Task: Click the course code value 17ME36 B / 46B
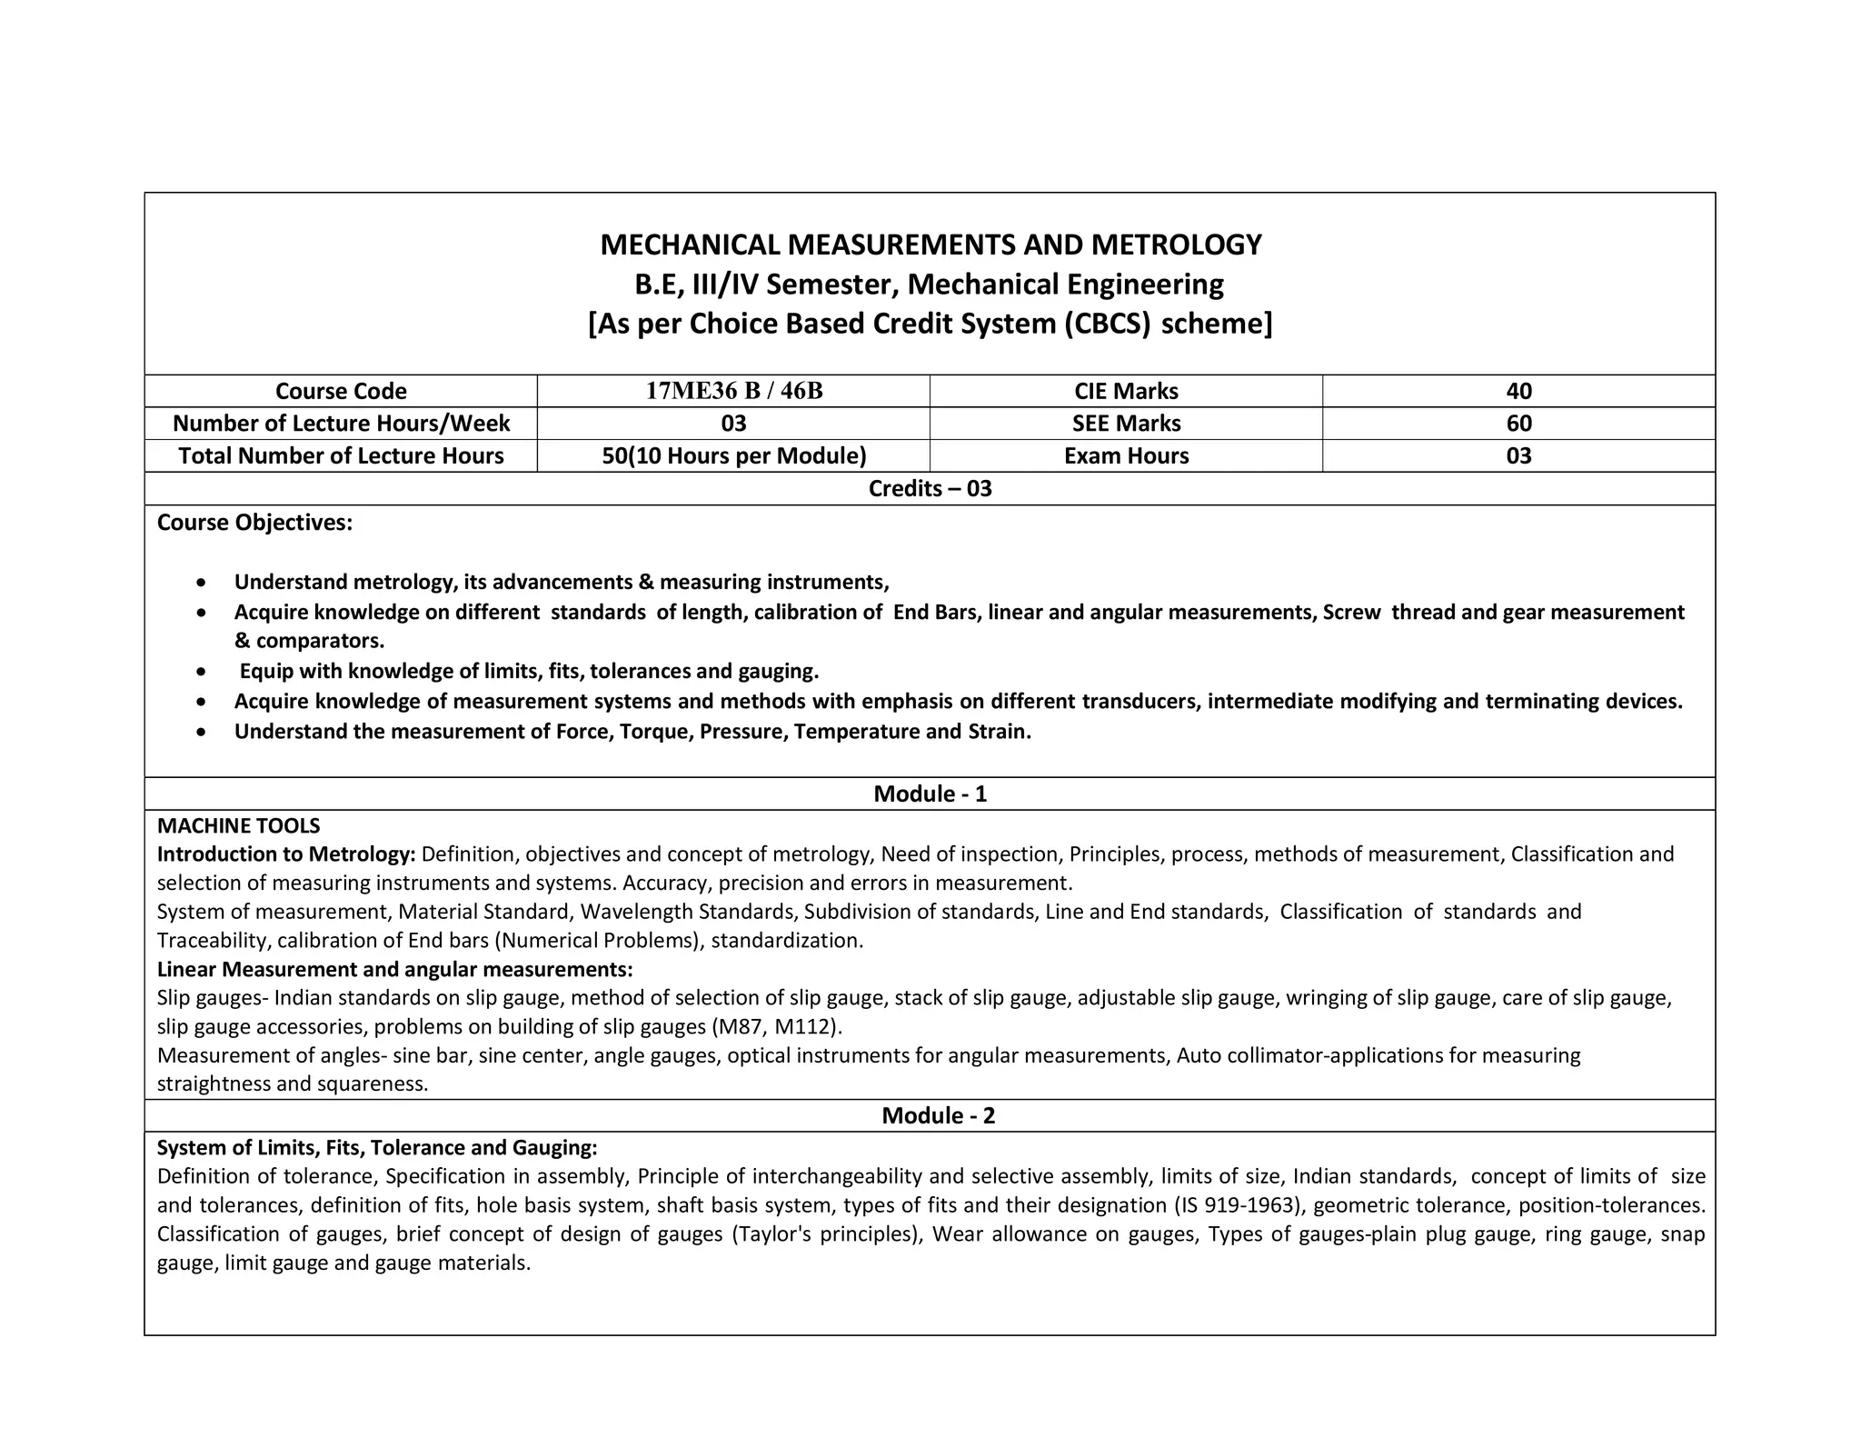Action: [x=733, y=391]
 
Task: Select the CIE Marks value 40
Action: [x=1518, y=391]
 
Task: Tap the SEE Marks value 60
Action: [x=1518, y=424]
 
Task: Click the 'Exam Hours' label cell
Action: [x=1126, y=456]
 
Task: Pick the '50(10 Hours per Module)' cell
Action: [x=733, y=456]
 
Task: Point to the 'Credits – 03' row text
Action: [x=930, y=489]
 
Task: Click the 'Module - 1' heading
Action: [x=930, y=794]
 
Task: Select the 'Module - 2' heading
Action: [x=938, y=1116]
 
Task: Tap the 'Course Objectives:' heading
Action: [x=254, y=524]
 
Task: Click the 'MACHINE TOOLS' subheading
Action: [x=238, y=826]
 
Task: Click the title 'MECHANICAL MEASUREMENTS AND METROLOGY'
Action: [x=930, y=245]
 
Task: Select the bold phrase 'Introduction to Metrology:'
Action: [x=286, y=854]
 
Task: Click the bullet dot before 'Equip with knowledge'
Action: [x=201, y=672]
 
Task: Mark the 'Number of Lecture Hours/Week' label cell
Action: [x=341, y=424]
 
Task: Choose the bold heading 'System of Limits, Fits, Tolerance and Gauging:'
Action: [x=377, y=1148]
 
